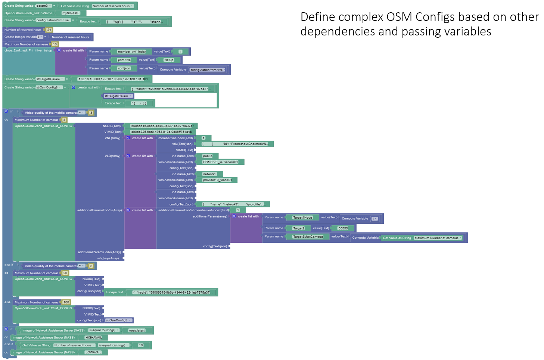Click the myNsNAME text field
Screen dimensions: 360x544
[x=71, y=13]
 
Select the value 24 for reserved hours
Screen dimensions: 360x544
[x=49, y=30]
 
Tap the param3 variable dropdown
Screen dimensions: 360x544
[x=44, y=6]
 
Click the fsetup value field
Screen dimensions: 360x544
[x=169, y=60]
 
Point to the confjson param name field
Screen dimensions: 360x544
[x=124, y=69]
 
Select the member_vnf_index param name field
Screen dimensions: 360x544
[x=132, y=52]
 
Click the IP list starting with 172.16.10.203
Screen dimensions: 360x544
[x=113, y=79]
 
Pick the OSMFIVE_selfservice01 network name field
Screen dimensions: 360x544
[x=220, y=162]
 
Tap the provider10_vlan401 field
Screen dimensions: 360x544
[x=217, y=180]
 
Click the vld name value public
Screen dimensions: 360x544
[x=208, y=156]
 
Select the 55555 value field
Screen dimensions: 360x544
[x=343, y=228]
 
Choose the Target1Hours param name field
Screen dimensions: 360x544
[x=303, y=217]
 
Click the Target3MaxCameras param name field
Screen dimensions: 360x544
[x=308, y=237]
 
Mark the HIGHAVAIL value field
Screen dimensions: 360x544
[x=93, y=338]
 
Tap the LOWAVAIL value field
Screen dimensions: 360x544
[x=93, y=353]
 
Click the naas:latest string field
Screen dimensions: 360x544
[x=137, y=331]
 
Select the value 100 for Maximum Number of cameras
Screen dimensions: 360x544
[x=66, y=303]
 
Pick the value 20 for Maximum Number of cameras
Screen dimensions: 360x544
[x=65, y=273]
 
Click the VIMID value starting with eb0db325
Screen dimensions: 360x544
[x=161, y=132]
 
